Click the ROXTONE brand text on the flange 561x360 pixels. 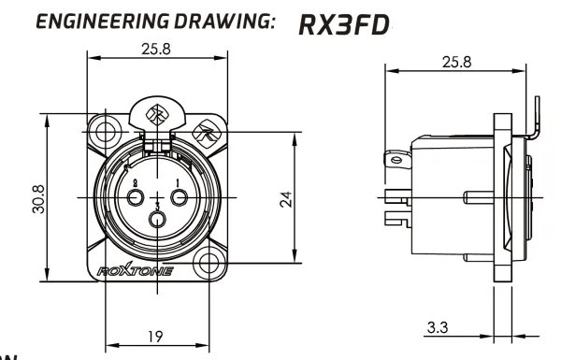pos(154,271)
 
